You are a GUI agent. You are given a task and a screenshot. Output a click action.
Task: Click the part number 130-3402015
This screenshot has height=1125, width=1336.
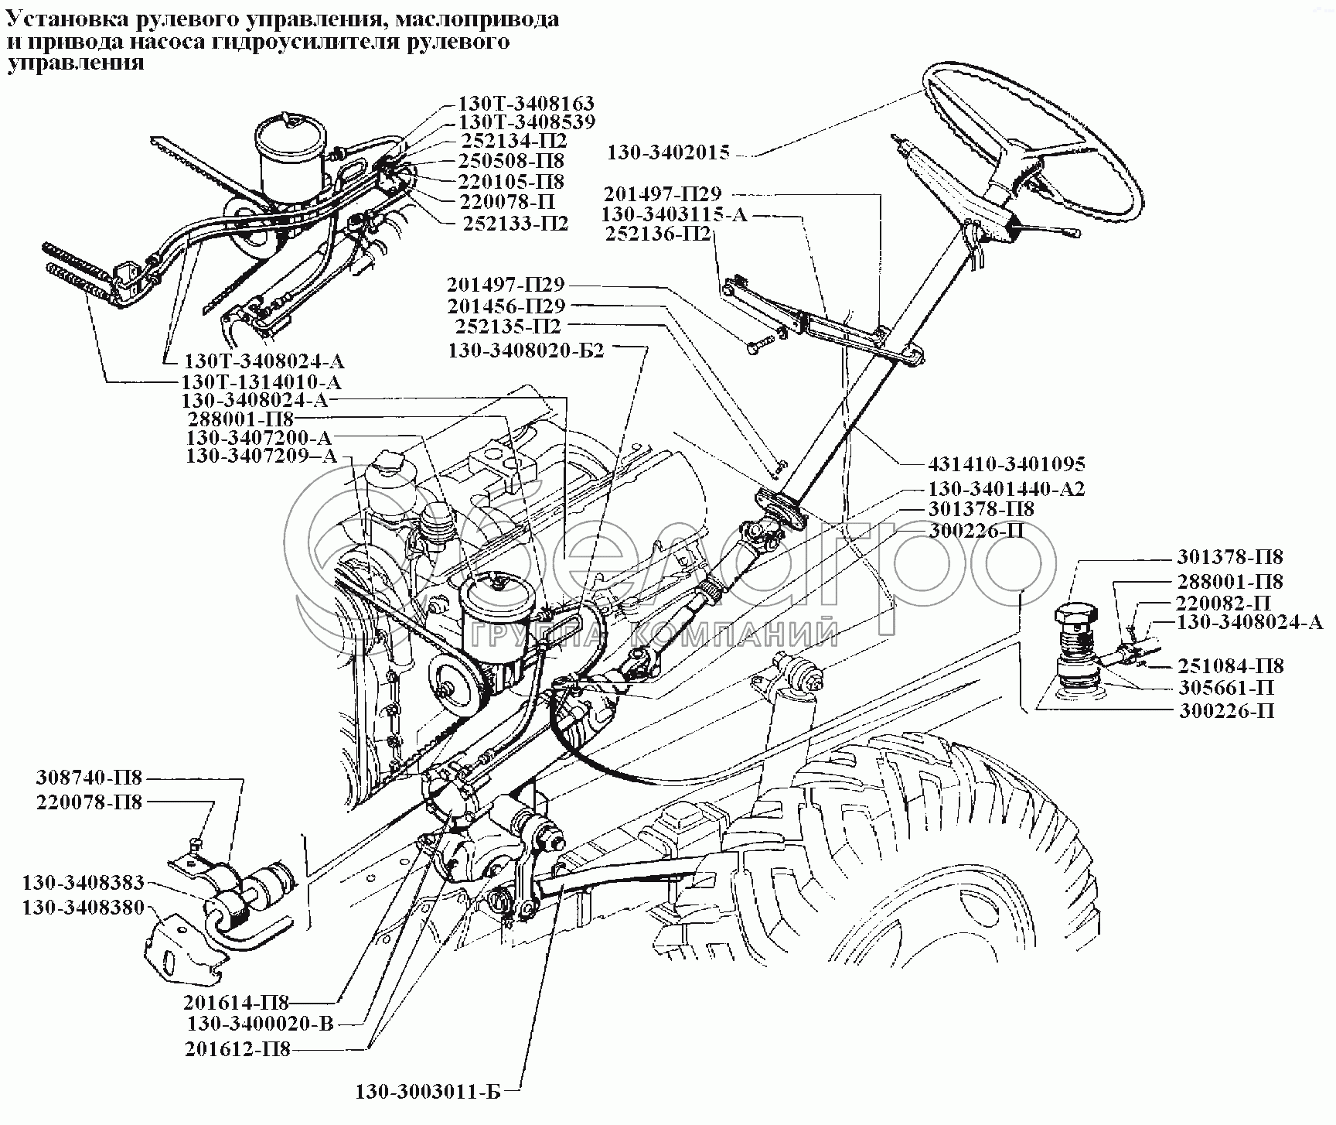668,152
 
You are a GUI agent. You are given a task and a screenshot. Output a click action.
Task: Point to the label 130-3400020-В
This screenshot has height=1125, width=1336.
260,1024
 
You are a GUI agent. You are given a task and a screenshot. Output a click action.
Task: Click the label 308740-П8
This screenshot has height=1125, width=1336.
90,778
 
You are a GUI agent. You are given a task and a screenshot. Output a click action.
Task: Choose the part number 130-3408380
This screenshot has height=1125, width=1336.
83,907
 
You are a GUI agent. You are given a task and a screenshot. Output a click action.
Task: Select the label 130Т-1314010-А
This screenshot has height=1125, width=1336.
261,381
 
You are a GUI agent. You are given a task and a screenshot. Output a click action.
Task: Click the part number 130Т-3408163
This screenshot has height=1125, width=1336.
527,104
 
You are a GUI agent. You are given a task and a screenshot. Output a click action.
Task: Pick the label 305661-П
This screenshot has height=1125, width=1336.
1226,688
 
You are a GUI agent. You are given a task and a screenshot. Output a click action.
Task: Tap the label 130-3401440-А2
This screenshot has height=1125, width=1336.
1007,489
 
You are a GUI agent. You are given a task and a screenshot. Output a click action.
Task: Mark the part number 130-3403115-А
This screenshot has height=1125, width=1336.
675,214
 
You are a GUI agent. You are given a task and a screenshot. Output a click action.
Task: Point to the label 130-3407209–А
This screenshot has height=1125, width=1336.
261,456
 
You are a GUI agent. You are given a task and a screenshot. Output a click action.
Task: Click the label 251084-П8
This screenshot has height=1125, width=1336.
1231,665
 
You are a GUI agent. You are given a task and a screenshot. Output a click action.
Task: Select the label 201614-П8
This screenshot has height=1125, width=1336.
237,1003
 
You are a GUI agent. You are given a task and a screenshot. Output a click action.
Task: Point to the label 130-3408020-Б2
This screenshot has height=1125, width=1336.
527,350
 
